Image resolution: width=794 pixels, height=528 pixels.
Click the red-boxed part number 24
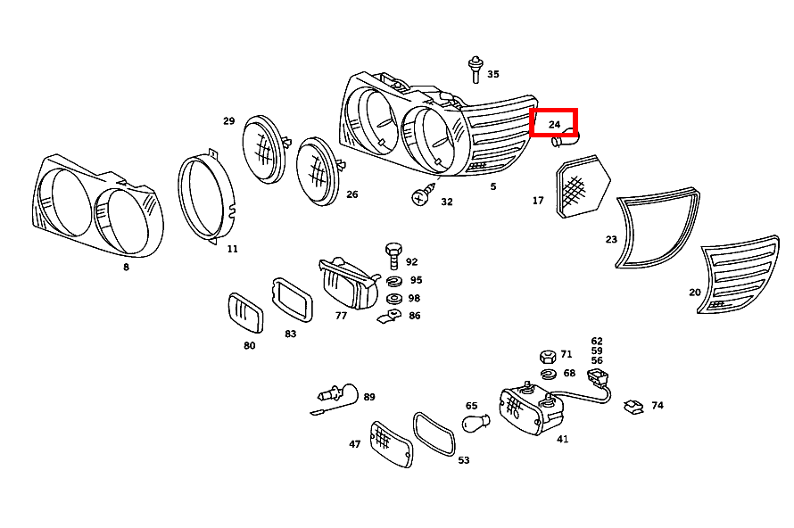[554, 124]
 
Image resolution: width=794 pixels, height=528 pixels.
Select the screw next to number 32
[423, 194]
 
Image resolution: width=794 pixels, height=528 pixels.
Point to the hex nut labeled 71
[548, 356]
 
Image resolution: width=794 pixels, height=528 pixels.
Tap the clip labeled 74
[634, 407]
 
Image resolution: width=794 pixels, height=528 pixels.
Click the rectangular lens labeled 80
[241, 314]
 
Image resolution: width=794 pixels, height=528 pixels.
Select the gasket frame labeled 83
[292, 300]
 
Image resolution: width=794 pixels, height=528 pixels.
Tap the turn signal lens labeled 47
[391, 442]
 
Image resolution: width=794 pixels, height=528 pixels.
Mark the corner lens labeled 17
[582, 187]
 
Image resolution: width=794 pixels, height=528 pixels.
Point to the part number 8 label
[126, 267]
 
